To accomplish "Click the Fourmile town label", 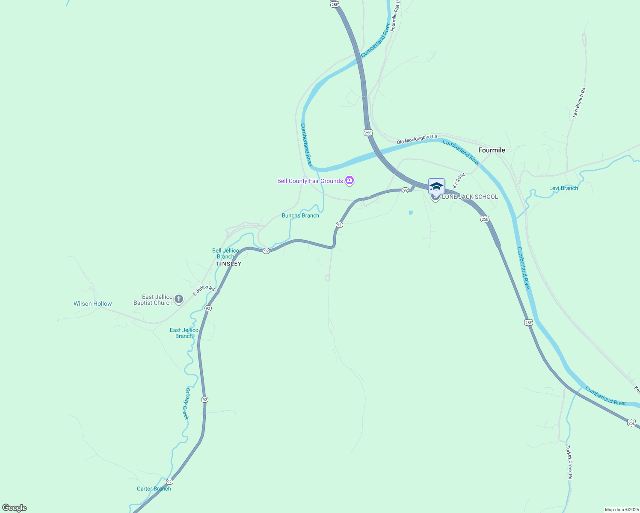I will click(x=492, y=150).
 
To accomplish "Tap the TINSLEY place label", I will click(x=228, y=264).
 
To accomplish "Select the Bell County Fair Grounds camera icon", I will click(x=350, y=181).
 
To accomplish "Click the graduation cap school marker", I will click(x=436, y=186).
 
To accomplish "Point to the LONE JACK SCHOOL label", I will click(x=470, y=197).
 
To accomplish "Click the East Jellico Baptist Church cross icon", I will click(x=179, y=300).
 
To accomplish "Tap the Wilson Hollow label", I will click(x=92, y=304).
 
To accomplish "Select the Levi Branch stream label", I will click(x=563, y=188).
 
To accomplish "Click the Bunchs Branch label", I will click(x=300, y=215).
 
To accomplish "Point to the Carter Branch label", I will click(x=154, y=489).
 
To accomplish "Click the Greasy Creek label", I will click(x=186, y=404).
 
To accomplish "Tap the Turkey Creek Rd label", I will click(x=569, y=462).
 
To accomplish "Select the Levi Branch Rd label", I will click(x=579, y=103).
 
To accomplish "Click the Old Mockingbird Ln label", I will click(x=417, y=139).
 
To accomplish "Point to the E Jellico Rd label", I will click(x=203, y=291).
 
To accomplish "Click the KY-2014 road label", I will click(x=459, y=181).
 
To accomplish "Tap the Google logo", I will click(x=15, y=508).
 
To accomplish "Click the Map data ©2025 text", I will click(x=621, y=510).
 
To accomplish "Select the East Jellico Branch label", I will click(x=184, y=333).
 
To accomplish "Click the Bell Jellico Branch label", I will click(x=225, y=254).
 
